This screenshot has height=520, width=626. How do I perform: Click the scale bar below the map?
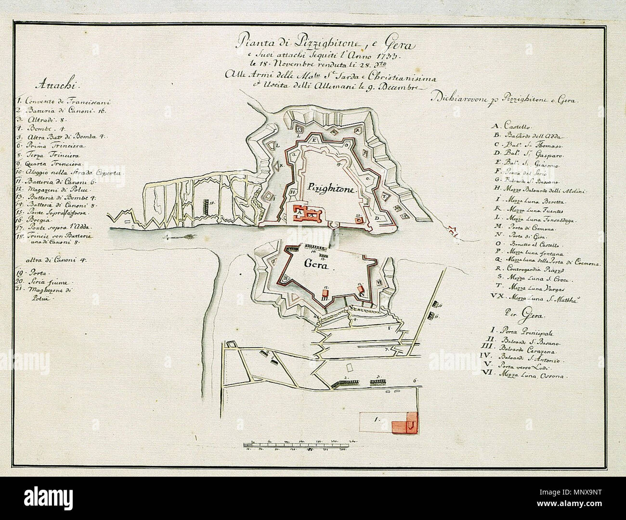click(x=301, y=442)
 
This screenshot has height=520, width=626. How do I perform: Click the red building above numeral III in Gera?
click(x=325, y=292)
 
